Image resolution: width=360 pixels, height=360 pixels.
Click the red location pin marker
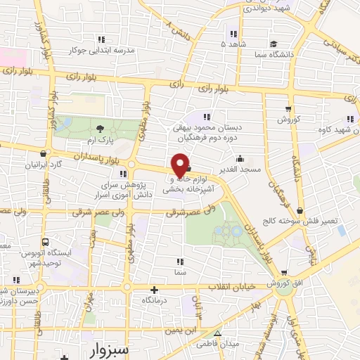(181, 165)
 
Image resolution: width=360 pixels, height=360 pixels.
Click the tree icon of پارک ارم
(100, 128)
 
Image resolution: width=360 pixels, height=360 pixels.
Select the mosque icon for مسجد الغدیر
(240, 158)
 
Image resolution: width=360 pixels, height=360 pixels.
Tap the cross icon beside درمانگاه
(154, 289)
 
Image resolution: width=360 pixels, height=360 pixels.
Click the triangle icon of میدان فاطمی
(217, 334)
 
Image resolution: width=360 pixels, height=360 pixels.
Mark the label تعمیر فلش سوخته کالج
(309, 221)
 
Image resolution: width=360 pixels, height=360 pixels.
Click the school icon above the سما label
(183, 259)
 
